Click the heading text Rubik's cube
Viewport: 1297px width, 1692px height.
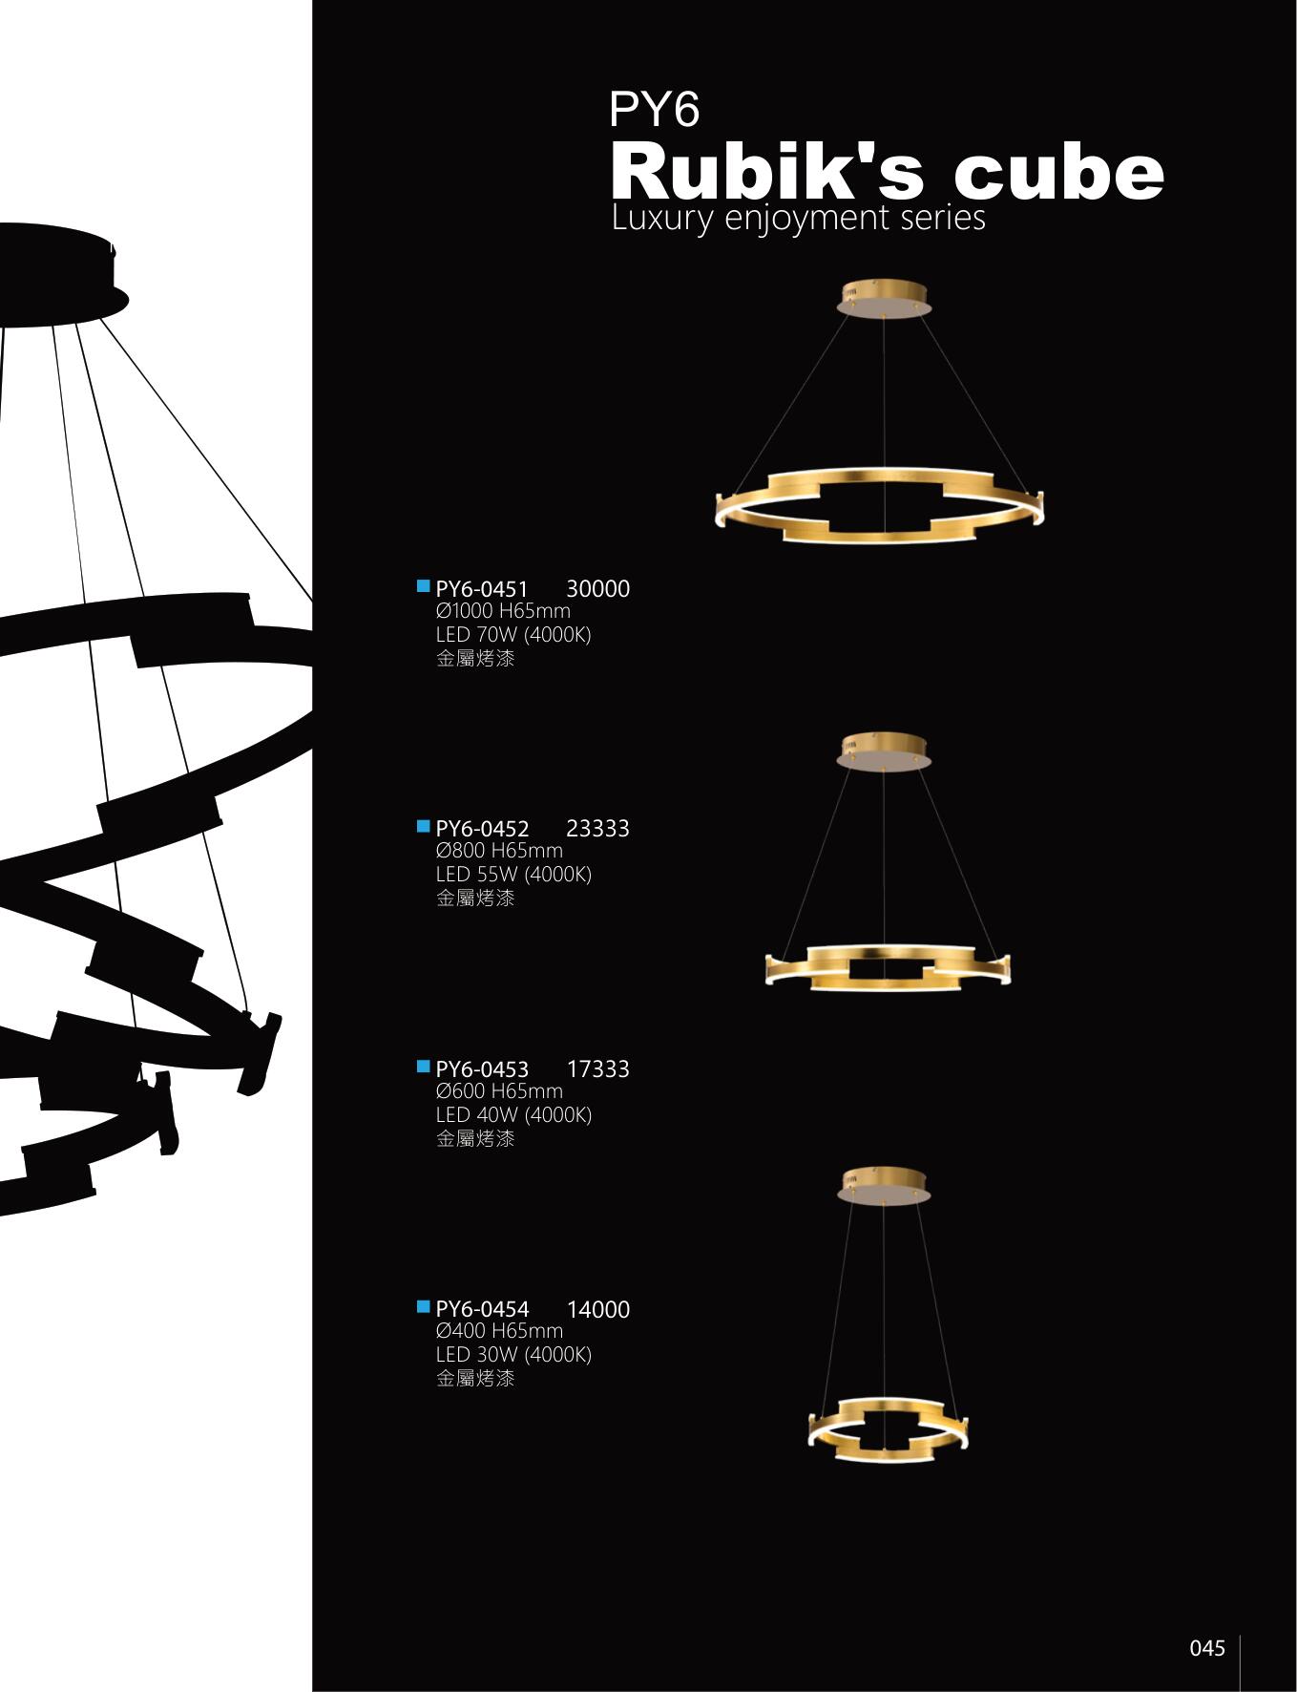coord(887,173)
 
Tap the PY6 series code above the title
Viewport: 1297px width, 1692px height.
coord(654,110)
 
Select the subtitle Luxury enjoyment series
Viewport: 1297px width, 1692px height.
coord(798,218)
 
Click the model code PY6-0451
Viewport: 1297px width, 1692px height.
coord(482,589)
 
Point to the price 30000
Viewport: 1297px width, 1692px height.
coord(597,589)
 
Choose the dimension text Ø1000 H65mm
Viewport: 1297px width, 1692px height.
coord(503,611)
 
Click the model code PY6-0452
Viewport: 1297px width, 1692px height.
coord(482,829)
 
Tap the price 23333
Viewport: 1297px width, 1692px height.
coord(597,829)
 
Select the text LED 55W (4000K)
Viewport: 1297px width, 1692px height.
coord(513,874)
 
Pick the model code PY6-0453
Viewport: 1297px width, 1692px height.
coord(482,1069)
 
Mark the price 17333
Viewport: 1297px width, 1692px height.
coord(597,1069)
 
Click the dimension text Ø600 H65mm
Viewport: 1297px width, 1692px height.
coord(499,1091)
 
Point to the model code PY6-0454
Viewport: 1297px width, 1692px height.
coord(482,1309)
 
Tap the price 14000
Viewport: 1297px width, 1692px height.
coord(597,1309)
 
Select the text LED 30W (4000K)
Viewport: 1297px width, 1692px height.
coord(513,1354)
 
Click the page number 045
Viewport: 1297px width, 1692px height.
coord(1206,1648)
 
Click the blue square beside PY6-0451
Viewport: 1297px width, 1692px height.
coord(423,585)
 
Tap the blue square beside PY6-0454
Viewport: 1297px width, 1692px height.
coord(423,1305)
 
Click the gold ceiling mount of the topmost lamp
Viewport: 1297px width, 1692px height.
coord(885,297)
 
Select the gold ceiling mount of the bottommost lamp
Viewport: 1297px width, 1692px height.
coord(885,1185)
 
